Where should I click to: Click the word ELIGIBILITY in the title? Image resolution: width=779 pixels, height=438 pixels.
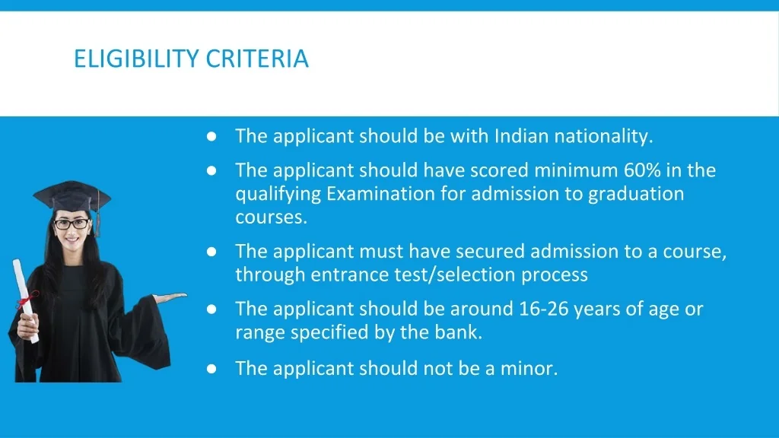(136, 59)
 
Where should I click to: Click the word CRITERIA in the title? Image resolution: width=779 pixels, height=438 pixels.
(257, 59)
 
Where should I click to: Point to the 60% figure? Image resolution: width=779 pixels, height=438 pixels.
(642, 170)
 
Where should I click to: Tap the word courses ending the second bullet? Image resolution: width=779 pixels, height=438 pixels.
(272, 217)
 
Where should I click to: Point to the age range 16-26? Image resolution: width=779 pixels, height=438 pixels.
(543, 309)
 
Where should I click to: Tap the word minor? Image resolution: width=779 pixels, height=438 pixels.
(529, 369)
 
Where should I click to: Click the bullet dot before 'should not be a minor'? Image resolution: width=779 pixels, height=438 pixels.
(211, 369)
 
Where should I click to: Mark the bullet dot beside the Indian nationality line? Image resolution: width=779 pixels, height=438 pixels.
(211, 136)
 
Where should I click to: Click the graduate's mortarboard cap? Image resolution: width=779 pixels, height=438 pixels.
(72, 197)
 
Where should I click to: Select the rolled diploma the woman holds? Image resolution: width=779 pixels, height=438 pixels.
(25, 301)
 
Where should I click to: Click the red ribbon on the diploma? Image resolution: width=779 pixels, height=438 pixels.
(27, 300)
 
